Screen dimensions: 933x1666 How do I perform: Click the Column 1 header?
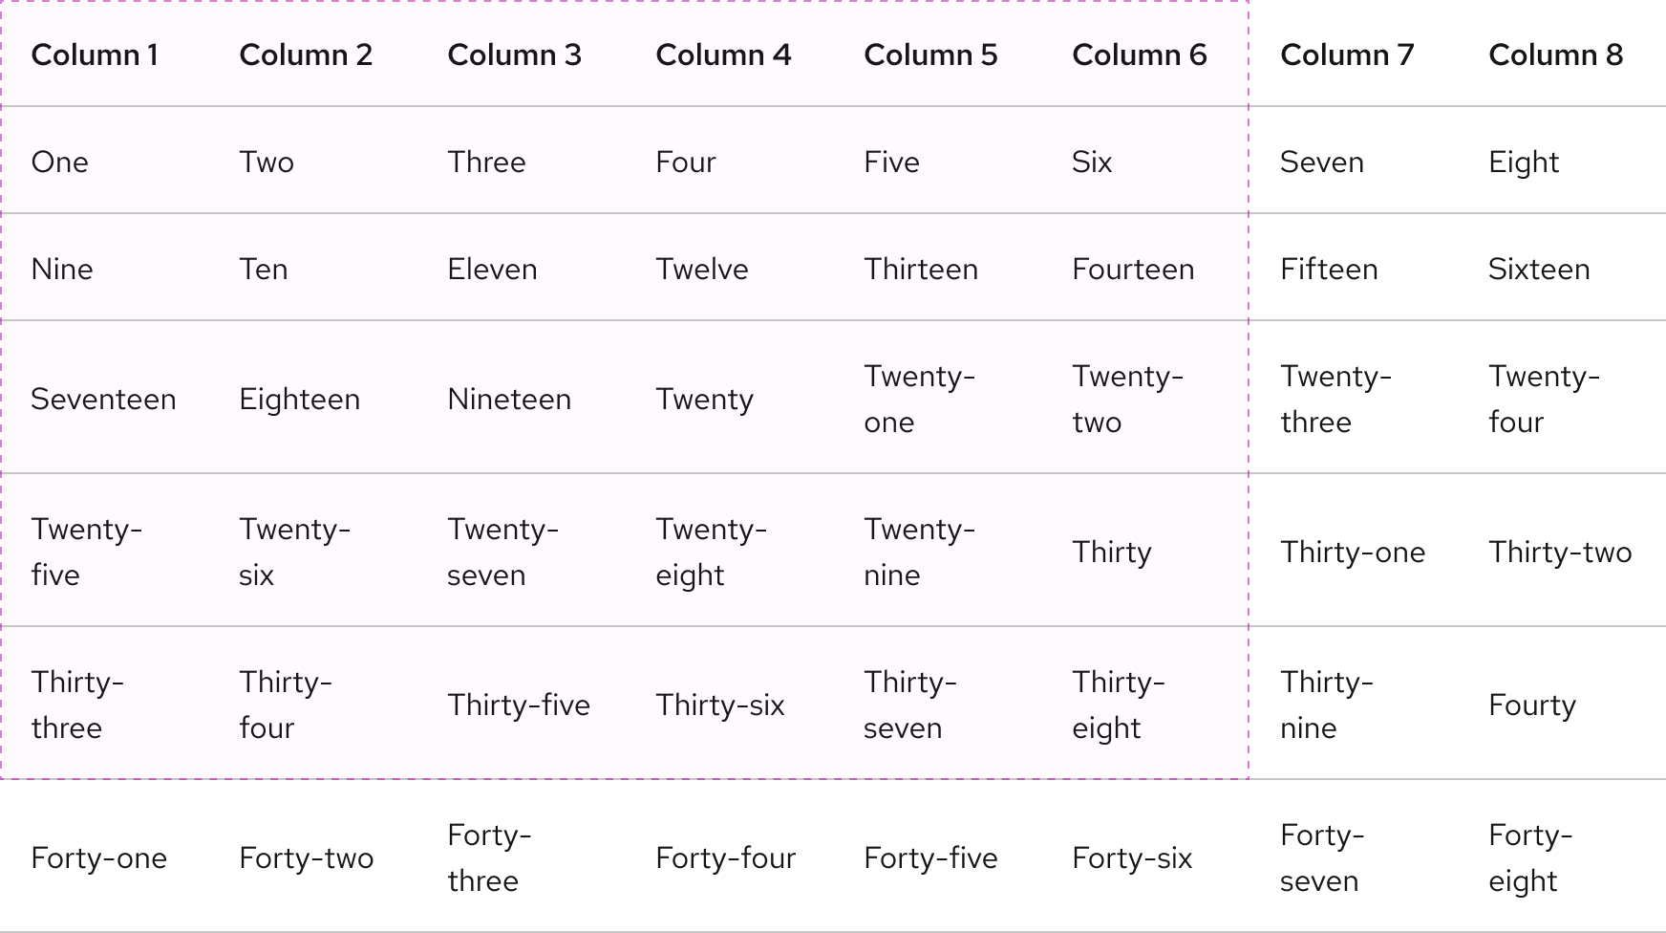(95, 55)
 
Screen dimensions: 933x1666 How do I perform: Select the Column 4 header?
(723, 55)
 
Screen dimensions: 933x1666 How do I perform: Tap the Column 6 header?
(1139, 55)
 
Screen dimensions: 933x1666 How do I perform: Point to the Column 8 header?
(1555, 55)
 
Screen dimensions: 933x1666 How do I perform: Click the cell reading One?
(60, 163)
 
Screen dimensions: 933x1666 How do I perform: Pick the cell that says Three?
(486, 163)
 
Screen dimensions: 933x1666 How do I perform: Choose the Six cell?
(1092, 163)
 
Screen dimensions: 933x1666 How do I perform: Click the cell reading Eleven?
(492, 270)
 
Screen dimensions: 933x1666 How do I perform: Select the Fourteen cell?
(1133, 270)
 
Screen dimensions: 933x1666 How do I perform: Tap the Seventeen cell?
(103, 400)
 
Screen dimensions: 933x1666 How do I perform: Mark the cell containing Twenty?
(705, 400)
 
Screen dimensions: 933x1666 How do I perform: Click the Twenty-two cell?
(1127, 400)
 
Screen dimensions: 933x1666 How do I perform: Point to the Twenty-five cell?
(86, 553)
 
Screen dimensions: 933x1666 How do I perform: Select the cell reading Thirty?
(1112, 553)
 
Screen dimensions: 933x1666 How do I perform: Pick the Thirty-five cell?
(519, 705)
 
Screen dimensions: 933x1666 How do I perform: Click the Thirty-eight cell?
(1118, 705)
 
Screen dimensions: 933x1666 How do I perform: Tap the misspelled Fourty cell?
(1532, 705)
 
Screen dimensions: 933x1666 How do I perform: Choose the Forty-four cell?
(725, 858)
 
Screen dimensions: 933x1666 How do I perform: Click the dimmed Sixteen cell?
(1539, 270)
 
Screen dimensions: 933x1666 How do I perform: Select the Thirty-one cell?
(1353, 553)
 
